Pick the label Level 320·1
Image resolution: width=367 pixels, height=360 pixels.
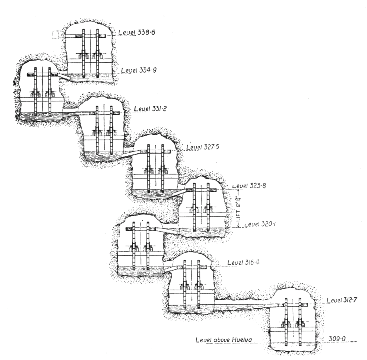point(257,224)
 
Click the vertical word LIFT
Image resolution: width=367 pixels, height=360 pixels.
point(238,212)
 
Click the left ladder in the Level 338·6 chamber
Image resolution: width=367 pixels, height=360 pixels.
point(84,51)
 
